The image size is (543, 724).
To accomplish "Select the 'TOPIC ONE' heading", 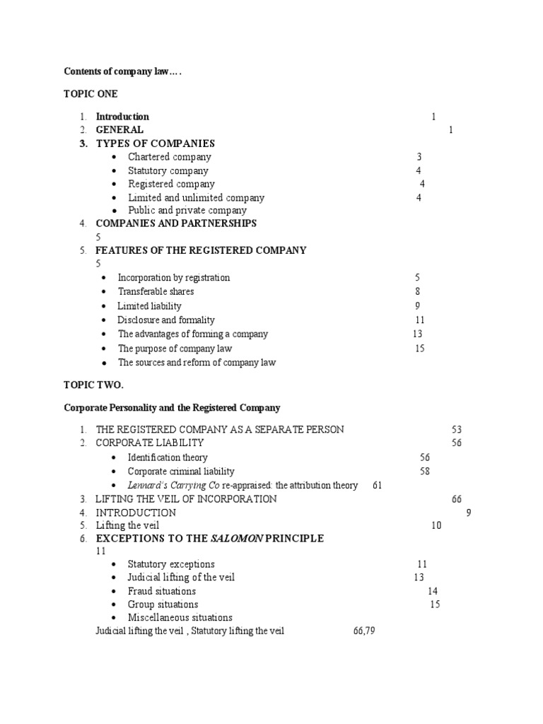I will click(91, 94).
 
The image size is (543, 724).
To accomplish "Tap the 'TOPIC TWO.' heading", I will click(94, 385).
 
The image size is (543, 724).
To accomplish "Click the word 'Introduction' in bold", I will click(122, 117).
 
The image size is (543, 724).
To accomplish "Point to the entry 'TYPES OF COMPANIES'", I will click(155, 144).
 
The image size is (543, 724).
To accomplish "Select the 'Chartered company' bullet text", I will click(169, 157).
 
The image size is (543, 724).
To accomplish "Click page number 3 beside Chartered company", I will click(419, 157).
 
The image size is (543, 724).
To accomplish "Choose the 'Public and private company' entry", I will click(187, 210).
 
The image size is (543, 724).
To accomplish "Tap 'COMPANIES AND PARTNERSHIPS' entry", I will click(176, 223).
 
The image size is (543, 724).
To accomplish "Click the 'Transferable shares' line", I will click(156, 291).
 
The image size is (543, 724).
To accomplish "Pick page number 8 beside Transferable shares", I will click(418, 291).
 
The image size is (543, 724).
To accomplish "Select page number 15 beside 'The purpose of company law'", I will click(420, 348).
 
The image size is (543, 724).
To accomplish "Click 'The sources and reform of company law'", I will click(197, 362).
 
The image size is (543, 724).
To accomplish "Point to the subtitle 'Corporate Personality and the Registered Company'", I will click(172, 408).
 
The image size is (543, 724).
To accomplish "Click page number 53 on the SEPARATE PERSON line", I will click(457, 429).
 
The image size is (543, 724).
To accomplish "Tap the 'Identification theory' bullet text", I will click(168, 457).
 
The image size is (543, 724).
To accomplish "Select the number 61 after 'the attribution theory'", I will click(377, 485).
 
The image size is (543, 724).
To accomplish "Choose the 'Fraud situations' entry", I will click(161, 591).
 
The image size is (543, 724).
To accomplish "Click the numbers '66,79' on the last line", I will click(363, 631).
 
